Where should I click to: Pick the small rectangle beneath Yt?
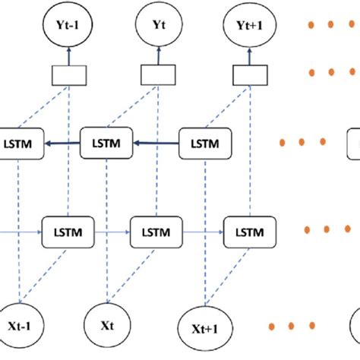point(159,74)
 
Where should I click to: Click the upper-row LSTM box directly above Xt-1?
point(21,143)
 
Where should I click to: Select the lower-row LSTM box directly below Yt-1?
point(66,228)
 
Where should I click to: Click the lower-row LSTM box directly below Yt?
point(156,228)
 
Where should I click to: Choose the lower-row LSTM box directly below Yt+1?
point(247,228)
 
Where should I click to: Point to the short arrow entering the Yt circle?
point(159,55)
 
